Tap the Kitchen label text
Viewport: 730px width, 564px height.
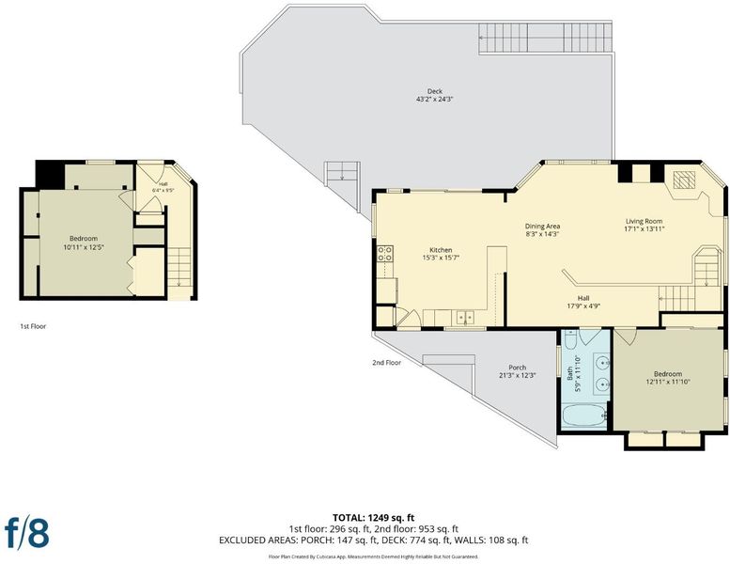(x=441, y=250)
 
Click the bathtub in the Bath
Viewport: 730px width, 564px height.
(x=583, y=415)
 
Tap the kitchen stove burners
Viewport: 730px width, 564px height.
(x=384, y=254)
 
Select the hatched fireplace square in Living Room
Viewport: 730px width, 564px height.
(x=684, y=180)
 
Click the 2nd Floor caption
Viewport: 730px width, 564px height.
(x=386, y=362)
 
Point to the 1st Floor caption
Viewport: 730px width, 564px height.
(x=33, y=326)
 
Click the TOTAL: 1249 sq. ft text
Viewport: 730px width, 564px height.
(x=373, y=517)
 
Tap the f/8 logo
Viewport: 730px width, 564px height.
(x=26, y=532)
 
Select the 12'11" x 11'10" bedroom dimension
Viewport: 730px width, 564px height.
(x=668, y=382)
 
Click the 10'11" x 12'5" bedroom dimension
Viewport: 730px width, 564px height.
(x=84, y=247)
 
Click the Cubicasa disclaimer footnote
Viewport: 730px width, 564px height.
(x=373, y=556)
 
